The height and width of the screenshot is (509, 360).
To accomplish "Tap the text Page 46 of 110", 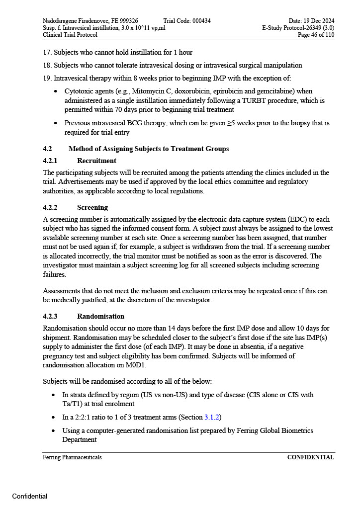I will pyautogui.click(x=316, y=35).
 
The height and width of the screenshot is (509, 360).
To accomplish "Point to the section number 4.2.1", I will pyautogui.click(x=50, y=161).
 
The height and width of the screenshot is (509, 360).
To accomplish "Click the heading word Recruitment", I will pyautogui.click(x=96, y=161).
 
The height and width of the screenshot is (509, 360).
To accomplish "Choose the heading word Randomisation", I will pyautogui.click(x=100, y=316).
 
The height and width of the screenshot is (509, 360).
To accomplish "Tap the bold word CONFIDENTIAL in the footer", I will pyautogui.click(x=310, y=457).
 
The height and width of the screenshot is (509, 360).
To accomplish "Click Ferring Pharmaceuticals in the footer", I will pyautogui.click(x=72, y=457).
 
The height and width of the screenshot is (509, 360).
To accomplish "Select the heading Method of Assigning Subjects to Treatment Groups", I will pyautogui.click(x=149, y=149).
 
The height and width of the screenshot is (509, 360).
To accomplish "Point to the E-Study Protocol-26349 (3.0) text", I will pyautogui.click(x=298, y=28).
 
